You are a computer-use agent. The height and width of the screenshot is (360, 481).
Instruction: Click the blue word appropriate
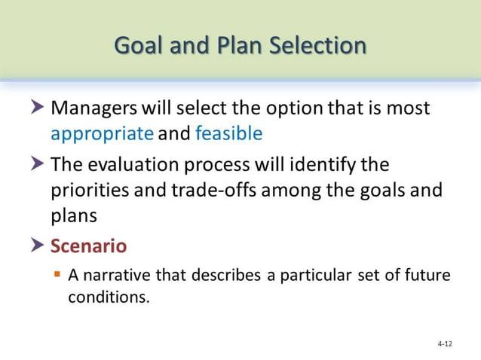pyautogui.click(x=102, y=134)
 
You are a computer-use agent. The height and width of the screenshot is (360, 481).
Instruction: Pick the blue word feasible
pyautogui.click(x=228, y=134)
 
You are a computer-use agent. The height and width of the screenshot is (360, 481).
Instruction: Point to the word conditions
pyautogui.click(x=109, y=297)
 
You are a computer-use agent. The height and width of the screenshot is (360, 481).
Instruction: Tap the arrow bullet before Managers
pyautogui.click(x=38, y=108)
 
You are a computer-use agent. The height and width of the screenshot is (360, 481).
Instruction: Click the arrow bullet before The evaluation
pyautogui.click(x=38, y=164)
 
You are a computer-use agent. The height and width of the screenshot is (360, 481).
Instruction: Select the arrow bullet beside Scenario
pyautogui.click(x=38, y=246)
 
